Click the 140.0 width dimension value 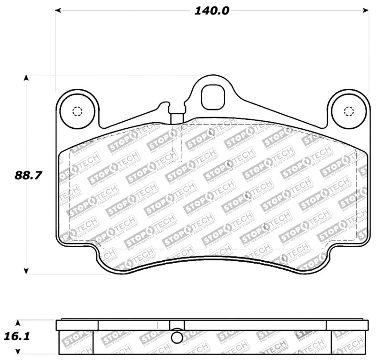[211, 10]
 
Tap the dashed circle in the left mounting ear [78, 111]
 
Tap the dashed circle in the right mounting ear [348, 111]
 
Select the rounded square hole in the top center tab [211, 97]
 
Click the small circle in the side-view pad [177, 337]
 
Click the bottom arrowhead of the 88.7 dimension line [27, 271]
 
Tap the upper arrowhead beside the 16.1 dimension [18, 323]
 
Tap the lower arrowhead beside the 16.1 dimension [18, 351]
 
